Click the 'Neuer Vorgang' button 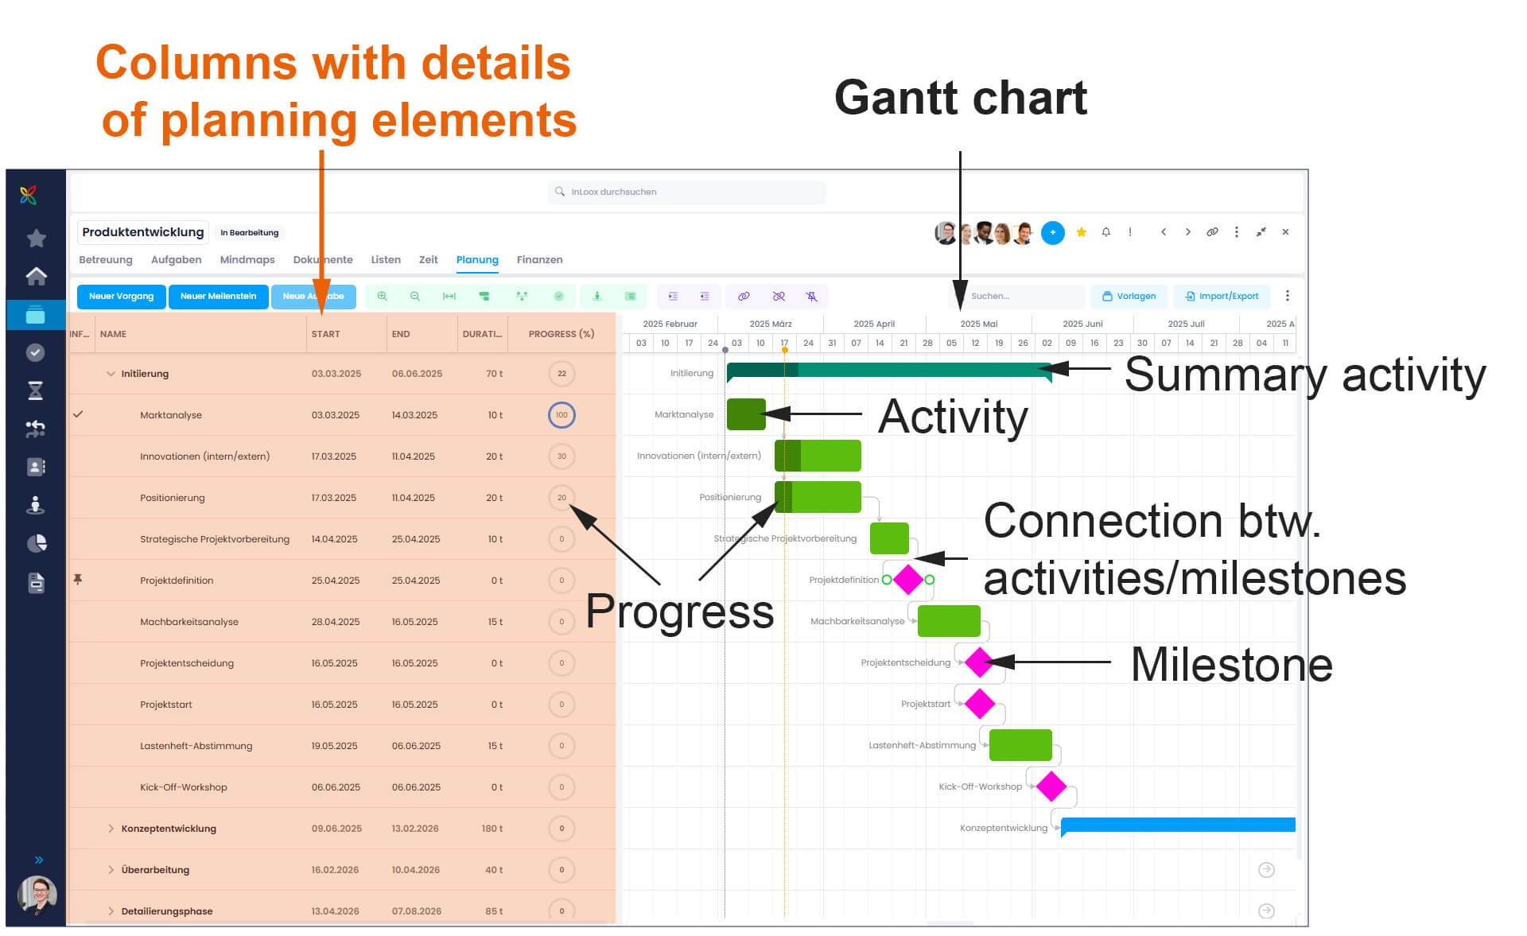tap(121, 297)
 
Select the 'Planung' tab tap(477, 260)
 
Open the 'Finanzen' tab tap(539, 260)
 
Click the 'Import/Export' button tap(1222, 297)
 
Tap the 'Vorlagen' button tap(1129, 297)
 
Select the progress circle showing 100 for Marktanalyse tap(561, 415)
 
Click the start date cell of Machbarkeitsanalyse tap(335, 622)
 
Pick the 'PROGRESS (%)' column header tap(561, 334)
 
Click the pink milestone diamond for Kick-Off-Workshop tap(1051, 786)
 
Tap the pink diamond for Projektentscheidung tap(978, 662)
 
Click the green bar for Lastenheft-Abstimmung tap(1020, 745)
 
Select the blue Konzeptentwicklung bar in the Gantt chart tap(1177, 825)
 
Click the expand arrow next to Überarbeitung tap(111, 870)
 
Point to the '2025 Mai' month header tap(978, 324)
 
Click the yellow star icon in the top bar tap(1081, 232)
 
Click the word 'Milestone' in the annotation tap(1231, 665)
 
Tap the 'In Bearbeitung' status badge tap(249, 233)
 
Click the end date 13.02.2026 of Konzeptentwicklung tap(414, 829)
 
